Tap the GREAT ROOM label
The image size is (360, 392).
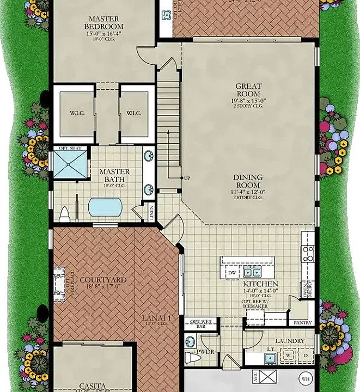coord(248,90)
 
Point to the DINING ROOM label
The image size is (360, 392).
coord(248,181)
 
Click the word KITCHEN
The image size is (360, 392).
coord(260,284)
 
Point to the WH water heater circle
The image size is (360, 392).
coord(305,379)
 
